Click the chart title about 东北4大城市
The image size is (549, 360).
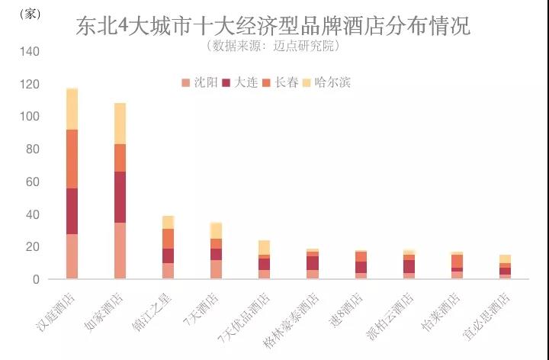tap(273, 26)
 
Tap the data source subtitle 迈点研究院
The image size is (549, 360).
tap(273, 46)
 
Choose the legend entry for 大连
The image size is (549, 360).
tap(239, 82)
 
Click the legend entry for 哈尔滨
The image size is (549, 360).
tap(326, 82)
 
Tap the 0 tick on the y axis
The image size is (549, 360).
tap(35, 280)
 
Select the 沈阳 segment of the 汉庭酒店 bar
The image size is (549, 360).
tap(72, 256)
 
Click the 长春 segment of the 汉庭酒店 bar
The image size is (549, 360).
tap(72, 159)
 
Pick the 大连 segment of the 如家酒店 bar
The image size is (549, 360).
tap(120, 197)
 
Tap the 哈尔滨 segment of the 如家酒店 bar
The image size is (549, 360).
tap(120, 123)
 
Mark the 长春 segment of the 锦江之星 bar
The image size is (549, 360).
tap(168, 239)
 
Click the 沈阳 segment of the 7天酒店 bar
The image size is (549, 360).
tap(217, 269)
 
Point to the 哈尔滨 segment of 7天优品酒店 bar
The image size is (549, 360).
tap(264, 247)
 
